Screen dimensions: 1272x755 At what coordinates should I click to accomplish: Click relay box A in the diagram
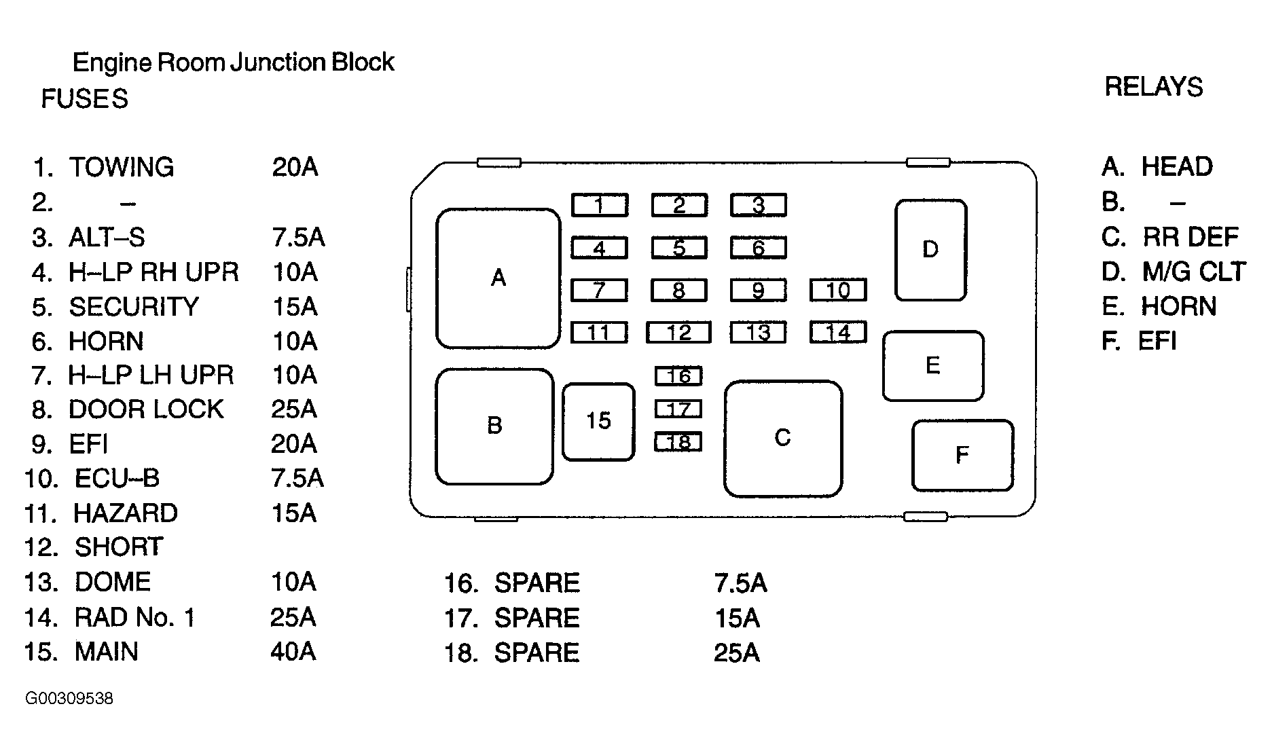(x=498, y=278)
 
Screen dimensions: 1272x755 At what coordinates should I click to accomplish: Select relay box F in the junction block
(x=962, y=455)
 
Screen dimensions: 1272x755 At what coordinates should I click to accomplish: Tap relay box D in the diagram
(x=930, y=250)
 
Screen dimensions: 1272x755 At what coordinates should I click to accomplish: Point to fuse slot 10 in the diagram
(x=838, y=290)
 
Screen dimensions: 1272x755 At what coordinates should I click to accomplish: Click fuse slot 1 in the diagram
(x=599, y=205)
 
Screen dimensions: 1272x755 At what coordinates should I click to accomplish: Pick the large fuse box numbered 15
(x=598, y=422)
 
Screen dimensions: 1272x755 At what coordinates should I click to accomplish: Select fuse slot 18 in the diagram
(x=678, y=442)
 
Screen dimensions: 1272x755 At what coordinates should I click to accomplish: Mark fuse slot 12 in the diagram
(x=678, y=332)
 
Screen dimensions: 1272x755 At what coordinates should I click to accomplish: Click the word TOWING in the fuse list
(x=122, y=167)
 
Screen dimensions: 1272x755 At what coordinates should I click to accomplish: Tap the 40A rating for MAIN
(x=293, y=651)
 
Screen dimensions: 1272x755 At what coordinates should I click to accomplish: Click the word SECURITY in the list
(x=134, y=307)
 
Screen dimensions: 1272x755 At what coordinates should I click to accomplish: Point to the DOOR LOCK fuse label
(x=146, y=409)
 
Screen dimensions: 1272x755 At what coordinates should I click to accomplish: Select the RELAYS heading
(x=1154, y=87)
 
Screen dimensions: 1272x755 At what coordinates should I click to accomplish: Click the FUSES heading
(x=85, y=99)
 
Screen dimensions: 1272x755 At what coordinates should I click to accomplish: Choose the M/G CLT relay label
(x=1194, y=272)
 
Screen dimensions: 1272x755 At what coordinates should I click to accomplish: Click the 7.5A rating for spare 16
(x=740, y=583)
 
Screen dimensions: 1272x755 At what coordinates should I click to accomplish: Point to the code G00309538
(x=69, y=699)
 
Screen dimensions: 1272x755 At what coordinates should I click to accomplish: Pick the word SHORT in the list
(x=119, y=547)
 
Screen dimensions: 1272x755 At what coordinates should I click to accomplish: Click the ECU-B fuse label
(x=117, y=479)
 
